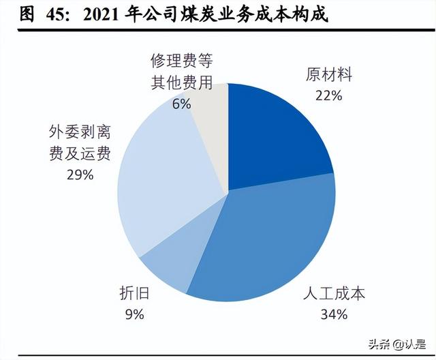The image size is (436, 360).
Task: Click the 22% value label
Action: pyautogui.click(x=328, y=95)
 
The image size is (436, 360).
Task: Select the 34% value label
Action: pyautogui.click(x=334, y=314)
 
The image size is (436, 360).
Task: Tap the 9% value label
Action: pyautogui.click(x=134, y=314)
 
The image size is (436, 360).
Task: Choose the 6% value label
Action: pyautogui.click(x=181, y=104)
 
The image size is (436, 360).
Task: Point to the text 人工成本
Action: pyautogui.click(x=334, y=295)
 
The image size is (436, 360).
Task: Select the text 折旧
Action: pyautogui.click(x=134, y=295)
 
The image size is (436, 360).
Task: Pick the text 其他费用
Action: pyautogui.click(x=181, y=83)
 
